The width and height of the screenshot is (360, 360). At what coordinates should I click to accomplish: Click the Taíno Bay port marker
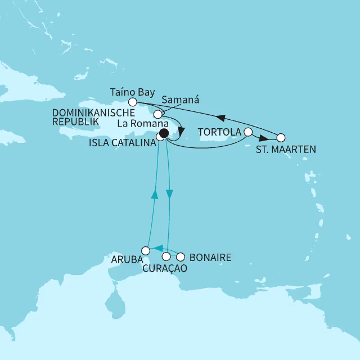click(132, 102)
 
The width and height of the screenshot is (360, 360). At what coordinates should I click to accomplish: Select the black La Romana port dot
click(163, 133)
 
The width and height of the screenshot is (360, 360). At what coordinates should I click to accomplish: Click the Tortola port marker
click(248, 132)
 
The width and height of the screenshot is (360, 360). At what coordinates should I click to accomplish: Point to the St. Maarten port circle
click(281, 137)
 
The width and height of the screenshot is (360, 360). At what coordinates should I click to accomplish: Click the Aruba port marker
click(145, 250)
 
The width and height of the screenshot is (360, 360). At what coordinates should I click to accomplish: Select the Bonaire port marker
click(180, 257)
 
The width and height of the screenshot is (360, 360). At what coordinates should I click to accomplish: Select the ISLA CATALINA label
click(122, 143)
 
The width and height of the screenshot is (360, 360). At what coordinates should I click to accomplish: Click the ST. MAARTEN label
click(286, 150)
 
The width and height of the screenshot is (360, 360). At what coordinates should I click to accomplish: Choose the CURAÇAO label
click(165, 269)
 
